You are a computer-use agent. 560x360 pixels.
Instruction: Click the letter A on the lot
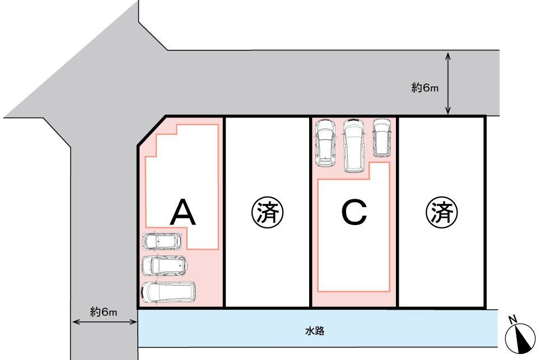183,213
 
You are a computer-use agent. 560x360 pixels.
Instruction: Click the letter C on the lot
354,213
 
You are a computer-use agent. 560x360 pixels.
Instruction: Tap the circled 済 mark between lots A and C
268,213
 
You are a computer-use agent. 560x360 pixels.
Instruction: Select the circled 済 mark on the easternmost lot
442,213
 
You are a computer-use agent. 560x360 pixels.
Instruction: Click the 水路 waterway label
315,331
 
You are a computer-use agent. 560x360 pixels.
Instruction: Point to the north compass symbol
520,337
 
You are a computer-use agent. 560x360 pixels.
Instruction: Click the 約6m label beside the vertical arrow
424,87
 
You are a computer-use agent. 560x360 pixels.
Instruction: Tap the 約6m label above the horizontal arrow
104,312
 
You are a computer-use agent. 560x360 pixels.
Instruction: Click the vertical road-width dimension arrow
448,83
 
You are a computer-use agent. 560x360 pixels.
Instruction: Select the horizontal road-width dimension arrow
105,322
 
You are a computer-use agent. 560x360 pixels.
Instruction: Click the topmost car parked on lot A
162,241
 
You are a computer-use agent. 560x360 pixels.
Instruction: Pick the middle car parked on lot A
164,266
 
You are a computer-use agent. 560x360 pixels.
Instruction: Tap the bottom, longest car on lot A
169,292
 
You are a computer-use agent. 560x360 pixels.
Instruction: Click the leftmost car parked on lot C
325,143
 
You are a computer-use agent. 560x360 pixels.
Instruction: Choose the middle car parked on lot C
353,146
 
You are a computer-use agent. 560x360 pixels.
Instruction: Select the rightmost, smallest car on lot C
382,138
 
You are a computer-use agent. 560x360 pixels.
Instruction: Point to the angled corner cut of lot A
152,130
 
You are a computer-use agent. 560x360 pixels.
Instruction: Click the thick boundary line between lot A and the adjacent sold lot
224,212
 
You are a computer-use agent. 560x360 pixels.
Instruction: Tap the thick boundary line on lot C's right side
397,212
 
